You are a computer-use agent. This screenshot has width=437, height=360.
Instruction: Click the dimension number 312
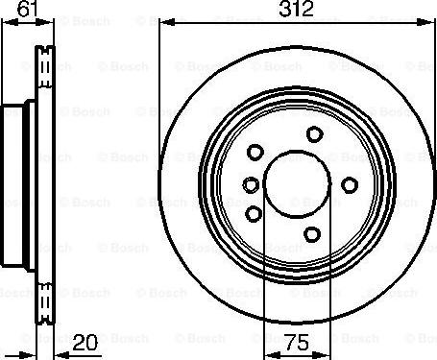coord(296,9)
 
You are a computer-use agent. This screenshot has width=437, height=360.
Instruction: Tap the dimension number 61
coord(28,9)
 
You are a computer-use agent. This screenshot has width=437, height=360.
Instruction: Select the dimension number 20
coord(85,343)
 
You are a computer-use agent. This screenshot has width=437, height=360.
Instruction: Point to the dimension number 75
coord(297,343)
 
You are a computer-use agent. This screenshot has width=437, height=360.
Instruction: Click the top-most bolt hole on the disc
coord(314,134)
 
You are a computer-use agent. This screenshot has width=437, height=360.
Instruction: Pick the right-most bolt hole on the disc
coord(350,185)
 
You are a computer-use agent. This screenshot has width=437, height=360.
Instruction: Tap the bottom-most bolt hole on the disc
coord(312,234)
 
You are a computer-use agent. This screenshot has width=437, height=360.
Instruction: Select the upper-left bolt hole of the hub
coord(255,152)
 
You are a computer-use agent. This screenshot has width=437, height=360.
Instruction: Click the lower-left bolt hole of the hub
coord(254,214)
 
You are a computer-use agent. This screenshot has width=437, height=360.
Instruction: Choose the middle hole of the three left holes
coord(251,184)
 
